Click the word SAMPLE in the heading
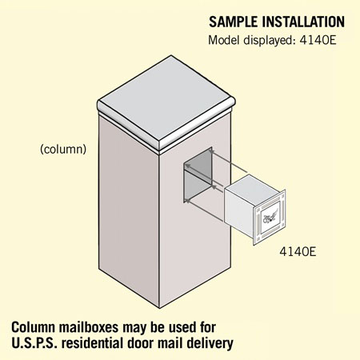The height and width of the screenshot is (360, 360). click(234, 22)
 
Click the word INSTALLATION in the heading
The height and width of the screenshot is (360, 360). click(303, 22)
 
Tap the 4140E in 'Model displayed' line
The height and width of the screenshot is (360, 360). click(318, 40)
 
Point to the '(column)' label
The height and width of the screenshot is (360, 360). click(63, 150)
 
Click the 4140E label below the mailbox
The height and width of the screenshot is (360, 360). click(298, 251)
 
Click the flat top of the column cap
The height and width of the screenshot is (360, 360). click(166, 99)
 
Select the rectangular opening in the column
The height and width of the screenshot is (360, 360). click(198, 174)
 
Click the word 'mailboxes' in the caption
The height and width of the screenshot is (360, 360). click(89, 327)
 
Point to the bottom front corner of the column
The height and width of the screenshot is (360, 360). click(160, 308)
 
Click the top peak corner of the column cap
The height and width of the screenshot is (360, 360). click(171, 55)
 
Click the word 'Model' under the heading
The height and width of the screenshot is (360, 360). click(224, 40)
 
